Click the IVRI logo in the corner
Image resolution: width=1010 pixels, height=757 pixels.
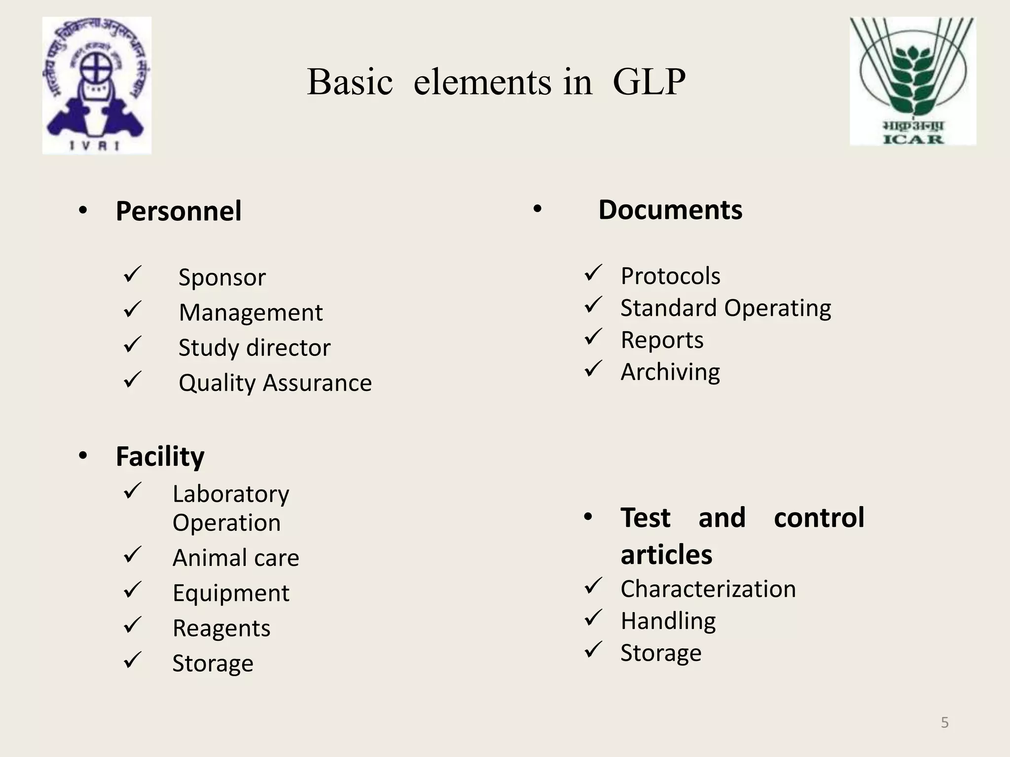coord(97,85)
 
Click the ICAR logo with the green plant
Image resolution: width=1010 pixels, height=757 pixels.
coord(912,81)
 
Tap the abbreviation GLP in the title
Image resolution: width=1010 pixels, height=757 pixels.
coord(649,82)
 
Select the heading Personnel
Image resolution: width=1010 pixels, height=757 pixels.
coord(179,211)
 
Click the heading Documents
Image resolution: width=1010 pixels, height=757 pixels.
coord(670,210)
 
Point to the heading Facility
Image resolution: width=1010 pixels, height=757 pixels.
coord(160,456)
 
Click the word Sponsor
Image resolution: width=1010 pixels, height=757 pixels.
coord(222,277)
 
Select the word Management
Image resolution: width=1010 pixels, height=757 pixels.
coord(251,312)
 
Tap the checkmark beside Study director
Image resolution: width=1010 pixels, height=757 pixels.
coord(133,344)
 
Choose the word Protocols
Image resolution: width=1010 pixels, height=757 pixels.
coord(670,276)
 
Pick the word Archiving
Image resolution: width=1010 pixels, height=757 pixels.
coord(670,372)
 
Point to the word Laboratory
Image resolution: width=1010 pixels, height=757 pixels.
coord(231,494)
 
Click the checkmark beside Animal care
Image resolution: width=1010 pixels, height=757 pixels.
coord(133,555)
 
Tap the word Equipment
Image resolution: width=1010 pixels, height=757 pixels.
coord(231,593)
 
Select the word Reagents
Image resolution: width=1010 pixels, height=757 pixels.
coord(221,628)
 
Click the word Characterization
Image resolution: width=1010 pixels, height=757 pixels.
coord(708,589)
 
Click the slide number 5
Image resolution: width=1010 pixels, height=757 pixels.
coord(944,723)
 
